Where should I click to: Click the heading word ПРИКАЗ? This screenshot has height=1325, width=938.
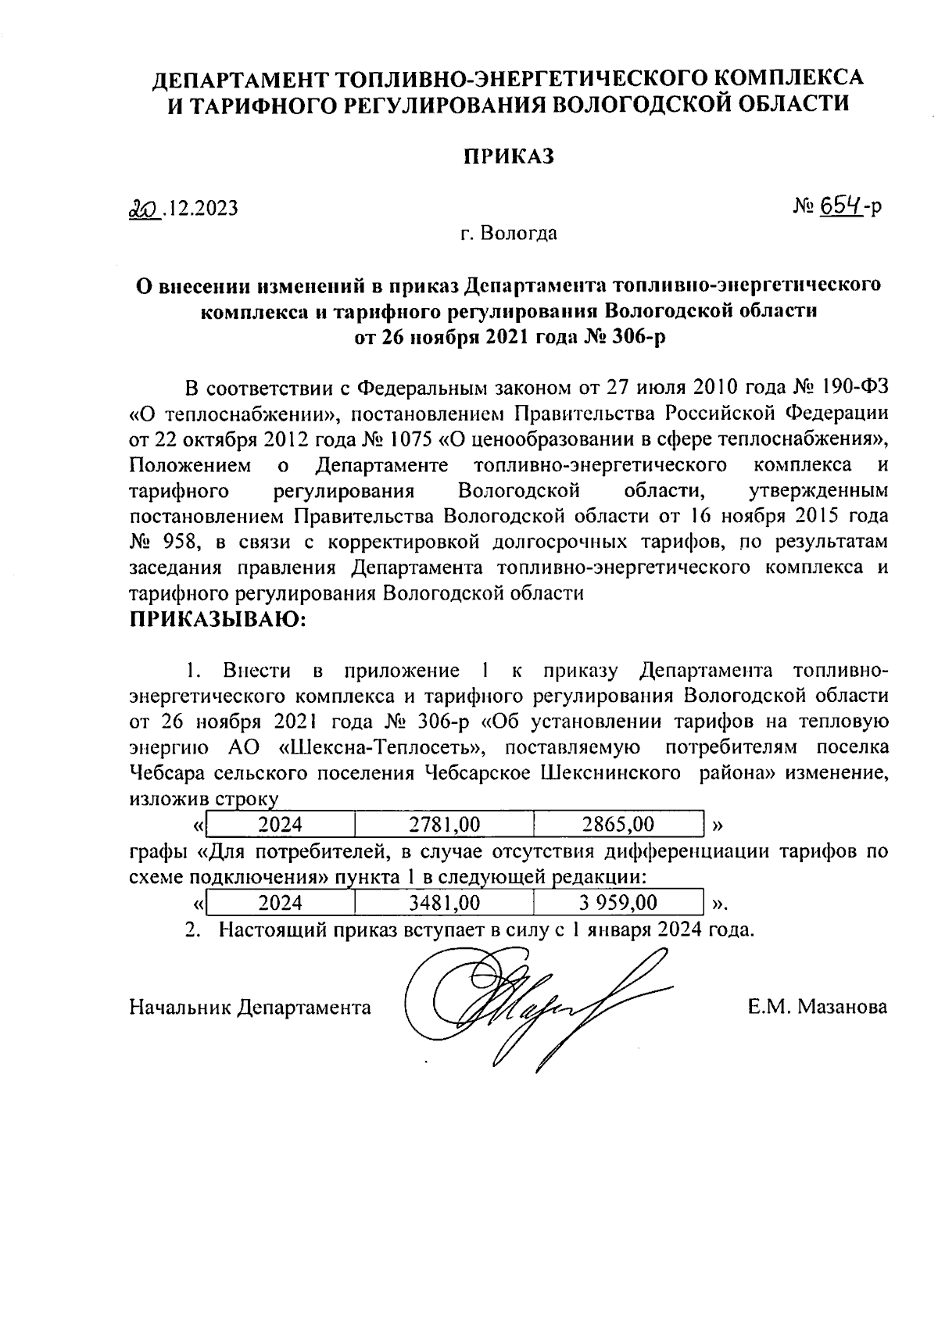tap(508, 156)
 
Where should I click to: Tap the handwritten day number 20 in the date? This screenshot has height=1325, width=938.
tap(143, 208)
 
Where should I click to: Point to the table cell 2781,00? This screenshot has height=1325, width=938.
tap(444, 824)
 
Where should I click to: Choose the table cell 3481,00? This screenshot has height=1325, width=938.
tap(444, 903)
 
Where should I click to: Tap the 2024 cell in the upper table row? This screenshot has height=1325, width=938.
tap(280, 824)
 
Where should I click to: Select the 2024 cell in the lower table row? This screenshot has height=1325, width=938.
tap(280, 903)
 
